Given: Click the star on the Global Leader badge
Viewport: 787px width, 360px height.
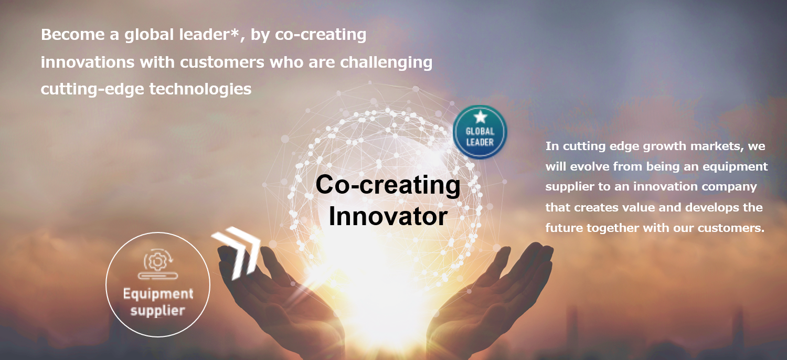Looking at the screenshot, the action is tap(480, 117).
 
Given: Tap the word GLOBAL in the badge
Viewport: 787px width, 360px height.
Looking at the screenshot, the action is tap(480, 132).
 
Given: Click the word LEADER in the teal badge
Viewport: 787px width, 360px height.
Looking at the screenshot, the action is tap(480, 142).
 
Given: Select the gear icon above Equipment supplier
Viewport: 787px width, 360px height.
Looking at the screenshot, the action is tap(158, 263).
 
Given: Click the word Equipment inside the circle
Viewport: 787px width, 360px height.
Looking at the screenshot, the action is tap(158, 294).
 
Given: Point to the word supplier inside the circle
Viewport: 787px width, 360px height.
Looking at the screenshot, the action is tap(158, 311).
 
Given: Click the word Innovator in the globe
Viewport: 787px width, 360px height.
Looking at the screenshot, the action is tap(388, 216).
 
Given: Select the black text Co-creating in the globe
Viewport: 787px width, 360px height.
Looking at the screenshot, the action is tap(388, 185).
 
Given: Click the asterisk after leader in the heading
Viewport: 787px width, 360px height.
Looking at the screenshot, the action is tap(235, 33).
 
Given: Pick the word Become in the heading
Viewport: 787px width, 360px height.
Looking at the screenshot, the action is tap(73, 35).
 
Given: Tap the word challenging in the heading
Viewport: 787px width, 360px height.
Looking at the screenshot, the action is tap(386, 62).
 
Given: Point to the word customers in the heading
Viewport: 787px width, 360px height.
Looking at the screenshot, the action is tap(222, 62).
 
